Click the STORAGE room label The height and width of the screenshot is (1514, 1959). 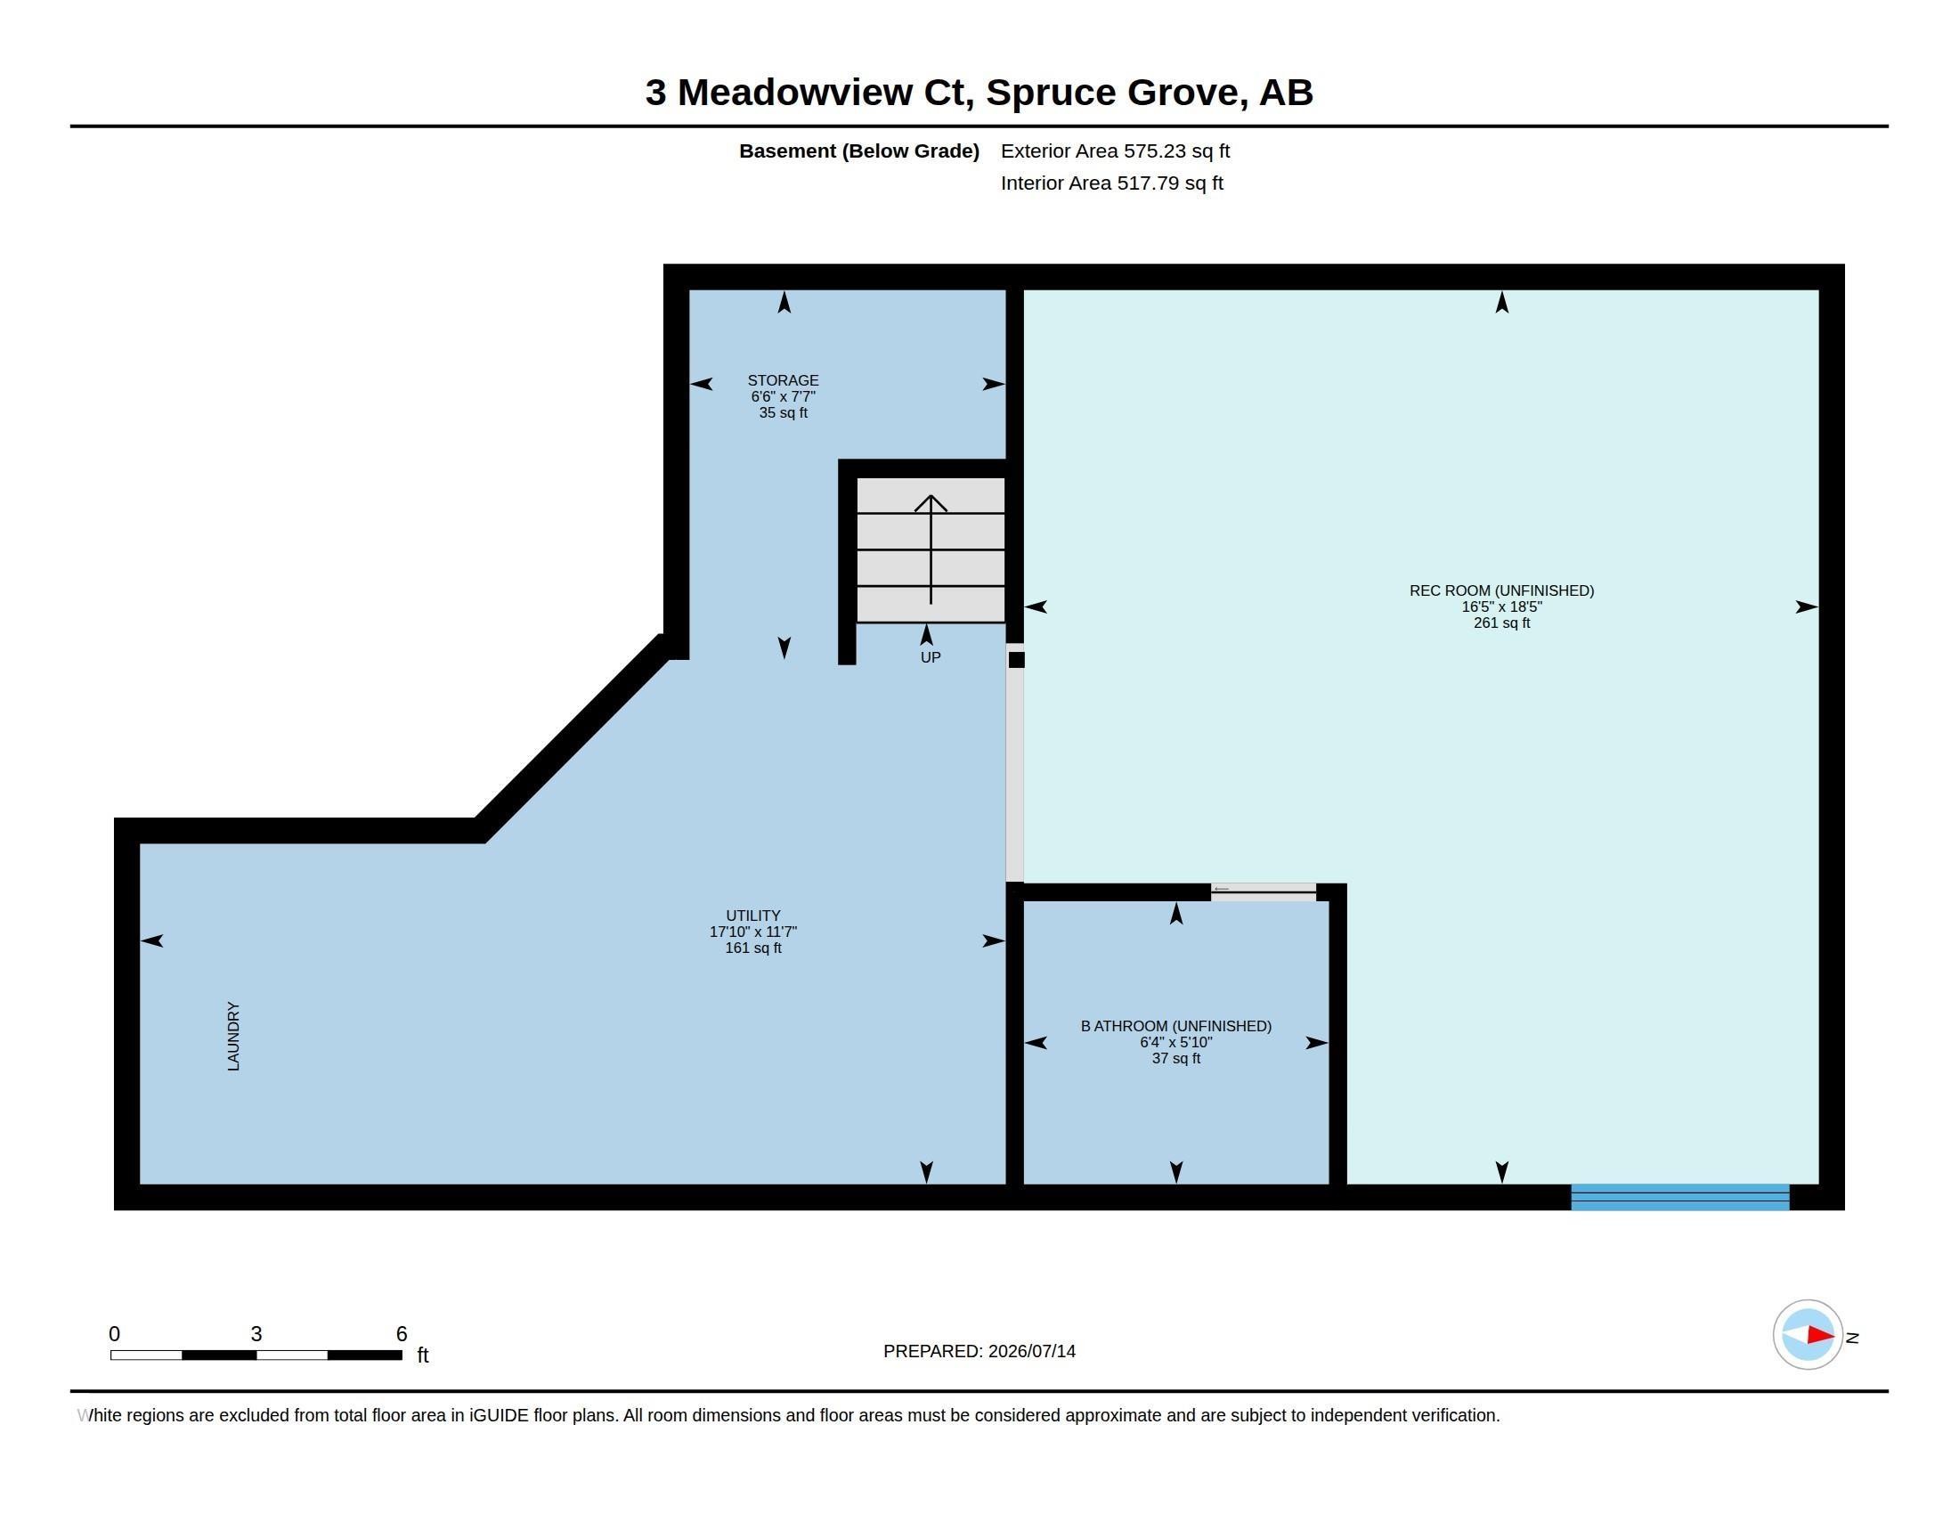(783, 380)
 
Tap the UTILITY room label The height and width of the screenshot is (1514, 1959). (753, 916)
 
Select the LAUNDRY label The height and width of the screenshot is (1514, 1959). (234, 1036)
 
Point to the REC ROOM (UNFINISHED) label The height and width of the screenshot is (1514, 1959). (1501, 590)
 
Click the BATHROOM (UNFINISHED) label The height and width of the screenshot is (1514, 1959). (1176, 1026)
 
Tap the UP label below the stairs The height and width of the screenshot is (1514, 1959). (931, 657)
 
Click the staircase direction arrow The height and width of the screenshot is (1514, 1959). (931, 549)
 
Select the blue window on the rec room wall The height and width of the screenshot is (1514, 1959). (1680, 1197)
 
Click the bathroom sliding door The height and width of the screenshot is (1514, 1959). (1263, 891)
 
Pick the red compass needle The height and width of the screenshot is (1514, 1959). (1820, 1336)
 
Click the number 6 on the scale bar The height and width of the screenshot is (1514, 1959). (402, 1334)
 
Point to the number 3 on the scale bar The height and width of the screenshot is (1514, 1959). (256, 1334)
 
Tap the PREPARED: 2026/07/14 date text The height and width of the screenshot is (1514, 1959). (979, 1352)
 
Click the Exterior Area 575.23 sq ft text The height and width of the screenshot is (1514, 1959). (1115, 151)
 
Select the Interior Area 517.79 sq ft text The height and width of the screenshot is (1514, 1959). (1111, 183)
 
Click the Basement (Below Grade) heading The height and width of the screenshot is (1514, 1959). (858, 151)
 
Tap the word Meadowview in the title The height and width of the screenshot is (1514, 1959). (794, 93)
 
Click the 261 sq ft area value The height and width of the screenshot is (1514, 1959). (1501, 623)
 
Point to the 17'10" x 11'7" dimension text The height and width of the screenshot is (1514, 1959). (753, 932)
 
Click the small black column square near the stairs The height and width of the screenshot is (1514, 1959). (1016, 660)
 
